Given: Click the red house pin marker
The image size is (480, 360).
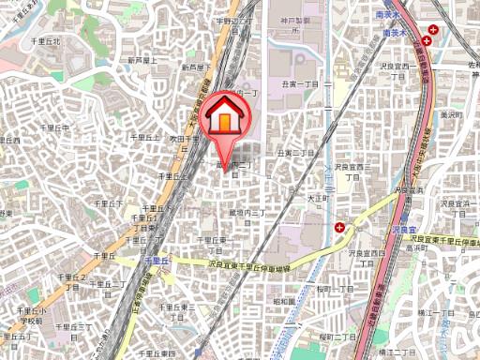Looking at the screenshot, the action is [x=225, y=117].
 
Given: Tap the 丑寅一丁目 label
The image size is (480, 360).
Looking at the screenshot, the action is [x=298, y=82].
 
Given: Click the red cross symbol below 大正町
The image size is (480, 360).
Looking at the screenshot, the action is [x=339, y=227].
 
